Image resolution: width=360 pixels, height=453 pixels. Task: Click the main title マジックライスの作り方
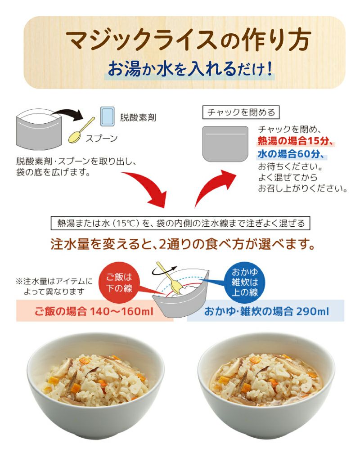click(x=188, y=40)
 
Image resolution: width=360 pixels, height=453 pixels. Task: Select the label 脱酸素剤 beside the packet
click(x=138, y=118)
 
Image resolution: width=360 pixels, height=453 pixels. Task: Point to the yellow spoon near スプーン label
click(x=81, y=131)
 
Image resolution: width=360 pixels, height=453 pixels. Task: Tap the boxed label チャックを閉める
click(x=240, y=112)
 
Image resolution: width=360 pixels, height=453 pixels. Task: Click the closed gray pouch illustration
click(x=225, y=144)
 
